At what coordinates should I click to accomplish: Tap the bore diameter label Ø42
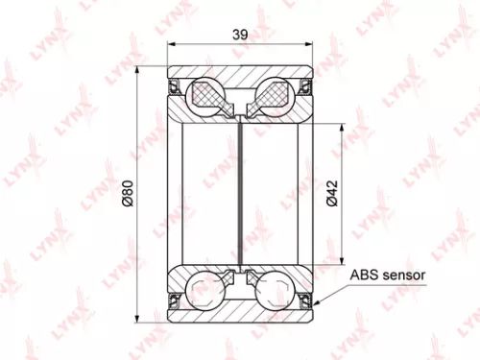(331, 194)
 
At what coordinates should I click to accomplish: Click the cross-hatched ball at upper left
(207, 94)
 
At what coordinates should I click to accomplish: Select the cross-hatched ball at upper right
(274, 94)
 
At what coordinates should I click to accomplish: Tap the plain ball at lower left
(207, 290)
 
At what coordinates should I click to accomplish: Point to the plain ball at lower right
(274, 290)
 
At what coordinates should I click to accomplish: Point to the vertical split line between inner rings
(241, 192)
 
